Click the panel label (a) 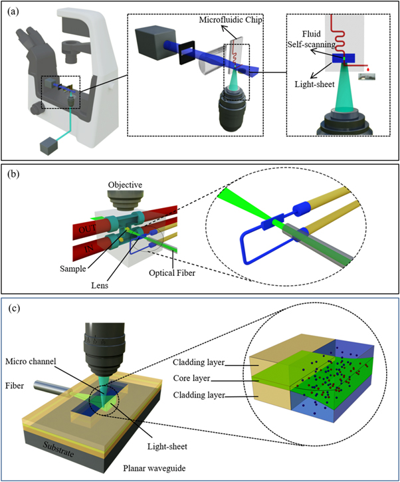(13, 9)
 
